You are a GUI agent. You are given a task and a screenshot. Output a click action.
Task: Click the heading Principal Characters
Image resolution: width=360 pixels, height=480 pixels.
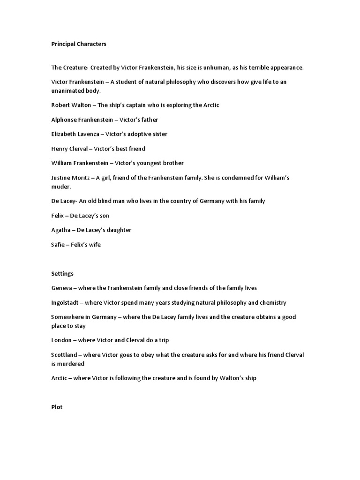click(79, 44)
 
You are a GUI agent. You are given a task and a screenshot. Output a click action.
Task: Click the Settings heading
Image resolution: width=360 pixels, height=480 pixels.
click(62, 273)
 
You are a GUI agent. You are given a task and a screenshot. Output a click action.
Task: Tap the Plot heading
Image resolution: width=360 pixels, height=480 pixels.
click(57, 407)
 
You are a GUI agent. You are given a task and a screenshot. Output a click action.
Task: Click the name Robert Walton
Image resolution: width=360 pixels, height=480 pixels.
click(71, 105)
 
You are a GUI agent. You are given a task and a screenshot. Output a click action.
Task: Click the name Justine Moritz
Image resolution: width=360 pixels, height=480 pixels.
click(70, 178)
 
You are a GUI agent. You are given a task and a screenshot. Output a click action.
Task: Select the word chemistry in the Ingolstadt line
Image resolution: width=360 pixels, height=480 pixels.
click(271, 302)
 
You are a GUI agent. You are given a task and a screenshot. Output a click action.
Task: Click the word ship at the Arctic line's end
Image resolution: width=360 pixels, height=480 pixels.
click(249, 378)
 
